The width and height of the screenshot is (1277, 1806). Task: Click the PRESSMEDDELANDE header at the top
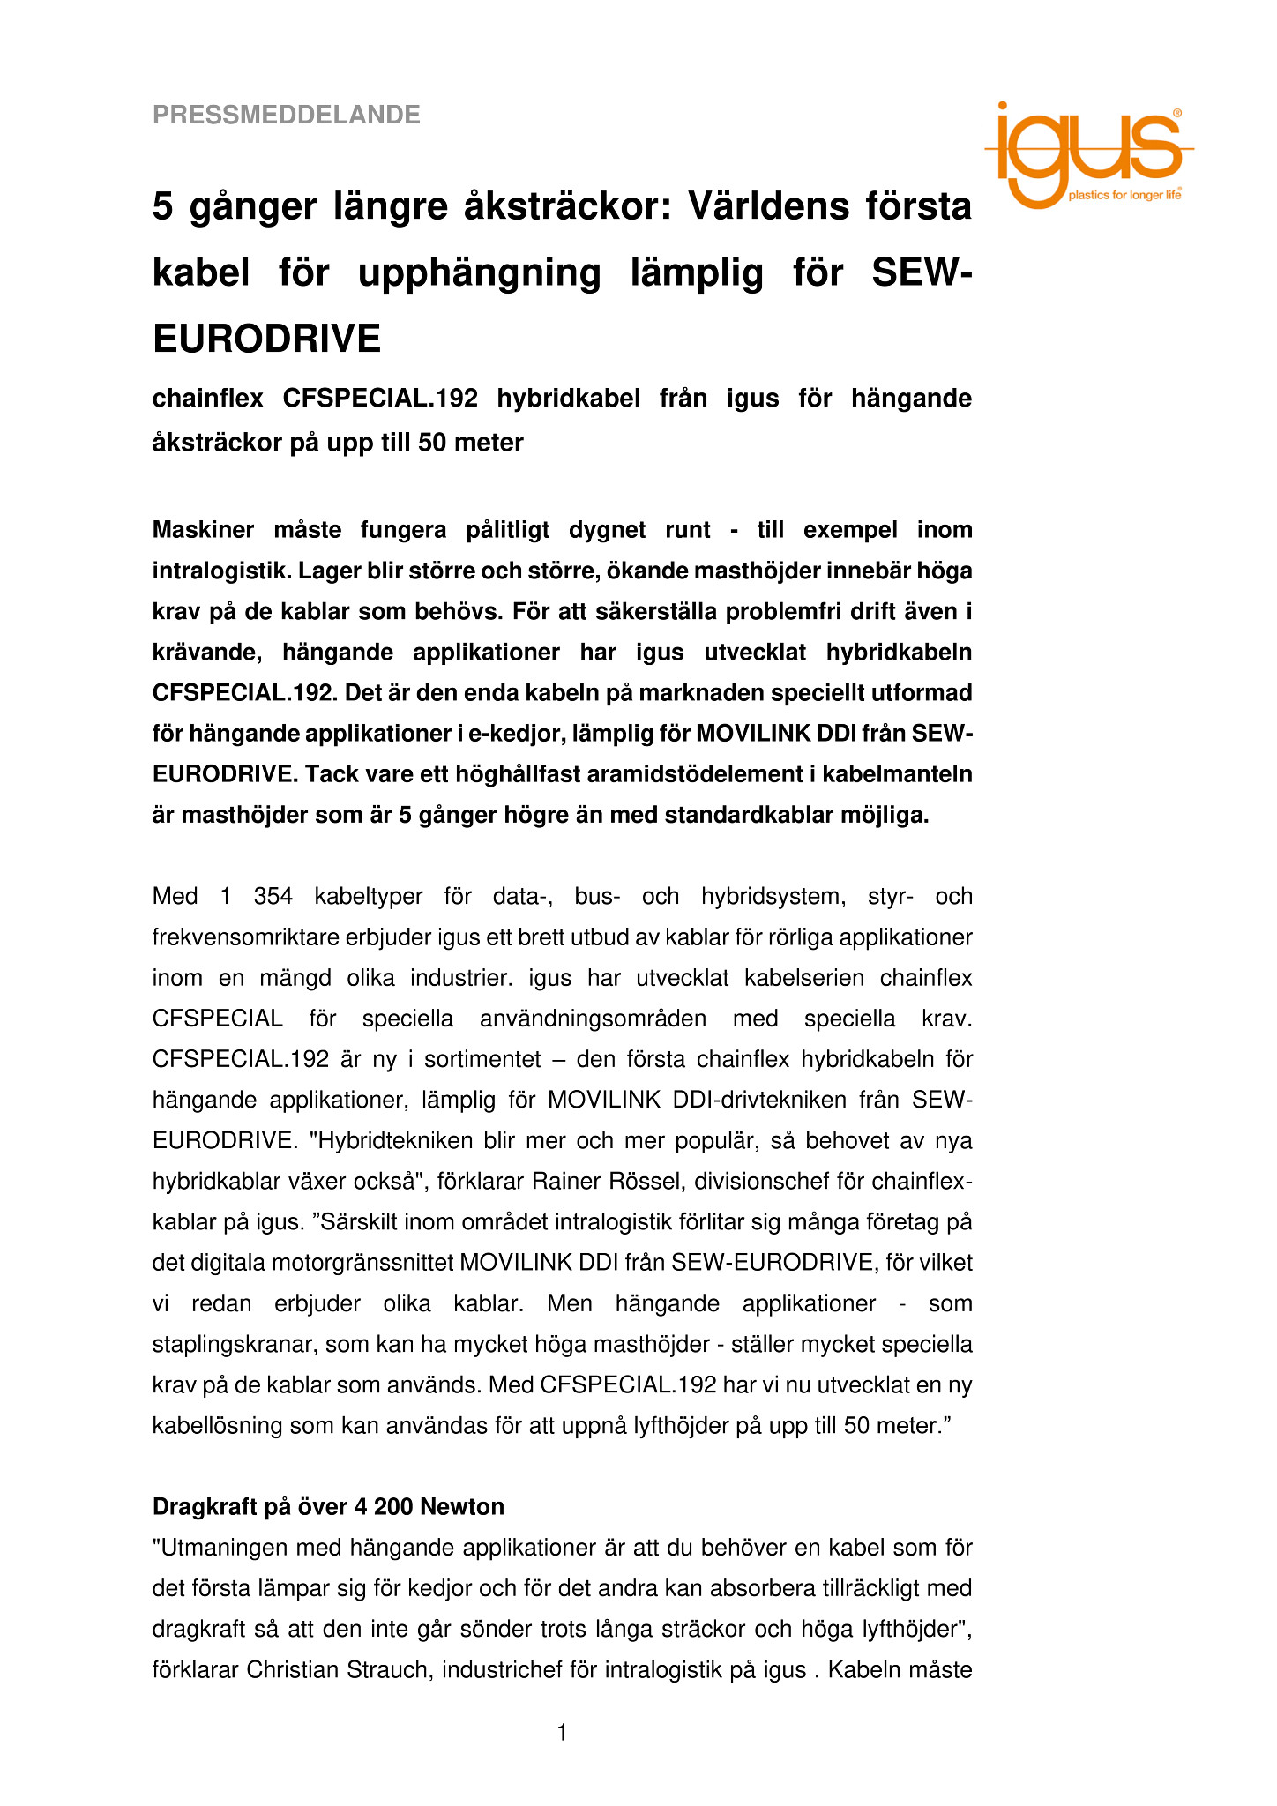287,115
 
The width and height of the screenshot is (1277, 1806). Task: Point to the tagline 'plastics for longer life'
1124,195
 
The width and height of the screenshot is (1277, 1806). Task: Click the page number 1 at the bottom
562,1734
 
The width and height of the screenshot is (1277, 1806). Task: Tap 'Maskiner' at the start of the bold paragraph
203,530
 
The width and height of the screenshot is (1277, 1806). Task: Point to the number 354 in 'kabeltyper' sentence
273,897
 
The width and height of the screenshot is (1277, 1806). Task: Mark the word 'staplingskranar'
233,1344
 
